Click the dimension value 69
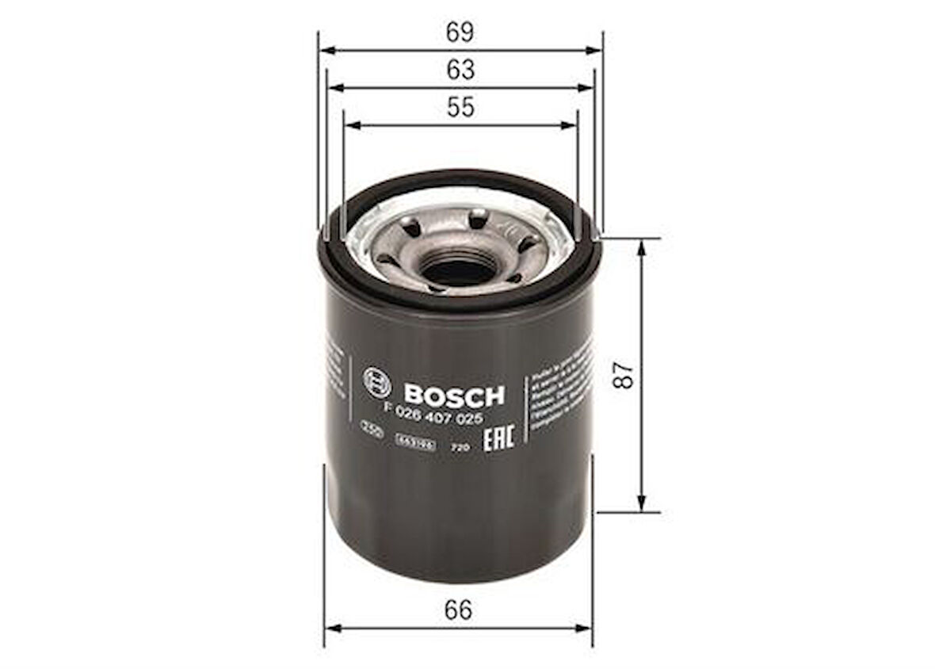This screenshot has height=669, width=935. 460,32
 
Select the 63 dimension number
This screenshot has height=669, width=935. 460,70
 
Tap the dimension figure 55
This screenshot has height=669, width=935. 460,107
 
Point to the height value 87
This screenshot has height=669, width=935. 627,374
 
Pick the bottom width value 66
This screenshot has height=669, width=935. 458,610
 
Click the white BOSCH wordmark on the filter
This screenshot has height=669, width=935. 453,394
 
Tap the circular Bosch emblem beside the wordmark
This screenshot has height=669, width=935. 377,383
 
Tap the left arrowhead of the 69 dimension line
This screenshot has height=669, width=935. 325,50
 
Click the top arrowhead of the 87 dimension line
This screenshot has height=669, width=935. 642,245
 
